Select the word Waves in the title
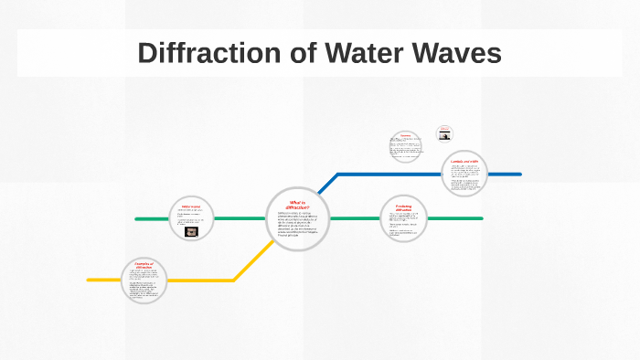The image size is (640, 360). tap(457, 54)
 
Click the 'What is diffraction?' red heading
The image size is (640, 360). tap(298, 204)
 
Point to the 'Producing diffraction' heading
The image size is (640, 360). tap(403, 207)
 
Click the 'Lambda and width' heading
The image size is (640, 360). tap(464, 162)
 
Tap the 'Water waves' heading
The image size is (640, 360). tap(191, 206)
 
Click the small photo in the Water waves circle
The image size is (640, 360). tap(191, 232)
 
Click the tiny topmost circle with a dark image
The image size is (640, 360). tap(444, 133)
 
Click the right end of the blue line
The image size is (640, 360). tap(519, 174)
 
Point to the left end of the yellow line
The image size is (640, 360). tap(89, 280)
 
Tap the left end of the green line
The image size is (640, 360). tap(136, 219)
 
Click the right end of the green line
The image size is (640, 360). tap(481, 219)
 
